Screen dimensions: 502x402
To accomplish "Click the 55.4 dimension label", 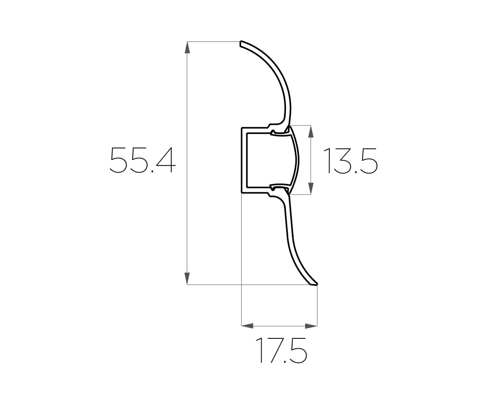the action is coord(142,160).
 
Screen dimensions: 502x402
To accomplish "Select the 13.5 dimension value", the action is coord(350,161).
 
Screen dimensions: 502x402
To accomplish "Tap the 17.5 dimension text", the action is coord(281,351).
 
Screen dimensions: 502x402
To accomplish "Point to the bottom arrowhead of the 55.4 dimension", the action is coord(187,278).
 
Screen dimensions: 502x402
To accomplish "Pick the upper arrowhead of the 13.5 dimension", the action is coord(311,132).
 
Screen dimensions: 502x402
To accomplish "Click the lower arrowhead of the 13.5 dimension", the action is coord(311,188).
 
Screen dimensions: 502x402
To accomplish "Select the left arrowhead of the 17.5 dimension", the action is coord(247,326).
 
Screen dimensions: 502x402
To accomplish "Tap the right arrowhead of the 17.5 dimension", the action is coord(311,326).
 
